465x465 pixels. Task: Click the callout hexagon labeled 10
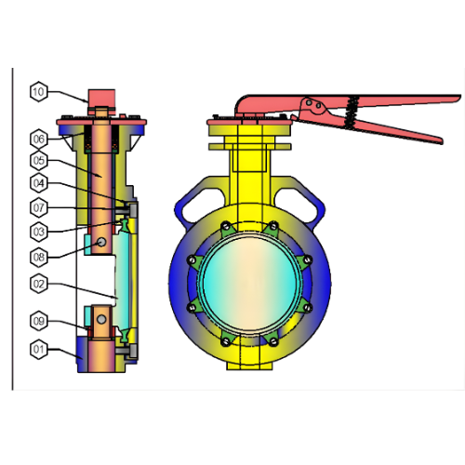(x=38, y=91)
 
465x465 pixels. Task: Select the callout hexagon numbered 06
(x=38, y=139)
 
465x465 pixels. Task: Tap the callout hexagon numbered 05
(x=38, y=160)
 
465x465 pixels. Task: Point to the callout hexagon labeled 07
(x=38, y=206)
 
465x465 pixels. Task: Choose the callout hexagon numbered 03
(x=38, y=231)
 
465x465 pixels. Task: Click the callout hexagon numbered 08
(x=38, y=256)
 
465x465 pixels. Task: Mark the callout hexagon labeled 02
(x=38, y=283)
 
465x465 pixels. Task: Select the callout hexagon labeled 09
(x=38, y=322)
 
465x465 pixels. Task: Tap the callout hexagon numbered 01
(x=38, y=350)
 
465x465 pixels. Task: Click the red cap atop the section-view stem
(x=100, y=97)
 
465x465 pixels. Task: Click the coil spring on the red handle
(x=352, y=110)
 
